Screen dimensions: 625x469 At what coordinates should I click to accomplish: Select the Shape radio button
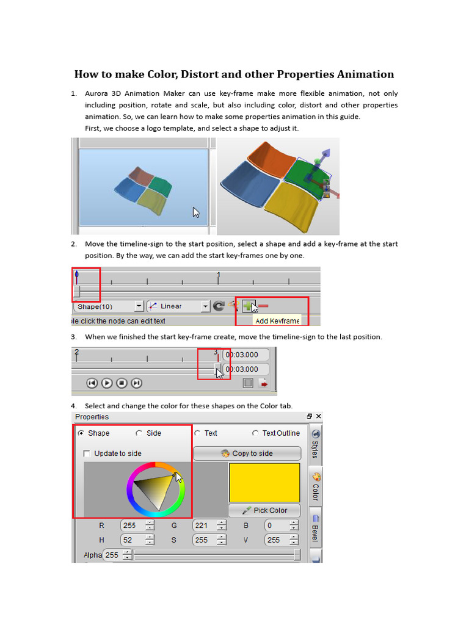tap(81, 433)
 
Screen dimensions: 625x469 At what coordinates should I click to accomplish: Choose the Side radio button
tap(139, 433)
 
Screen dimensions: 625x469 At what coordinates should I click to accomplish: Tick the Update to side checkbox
tap(87, 453)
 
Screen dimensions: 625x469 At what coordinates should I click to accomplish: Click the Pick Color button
tap(264, 510)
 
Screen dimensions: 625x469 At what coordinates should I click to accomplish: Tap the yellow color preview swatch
tap(264, 482)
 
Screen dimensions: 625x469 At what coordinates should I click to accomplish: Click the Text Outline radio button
tap(255, 433)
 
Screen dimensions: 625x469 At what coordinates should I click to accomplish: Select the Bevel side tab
tap(315, 533)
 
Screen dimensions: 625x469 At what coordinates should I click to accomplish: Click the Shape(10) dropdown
tap(107, 306)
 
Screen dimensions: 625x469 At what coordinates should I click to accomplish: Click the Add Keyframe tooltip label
tap(277, 320)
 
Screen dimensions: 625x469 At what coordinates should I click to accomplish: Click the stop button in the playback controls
tap(122, 383)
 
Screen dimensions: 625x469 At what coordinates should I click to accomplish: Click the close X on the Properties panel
tap(318, 417)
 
